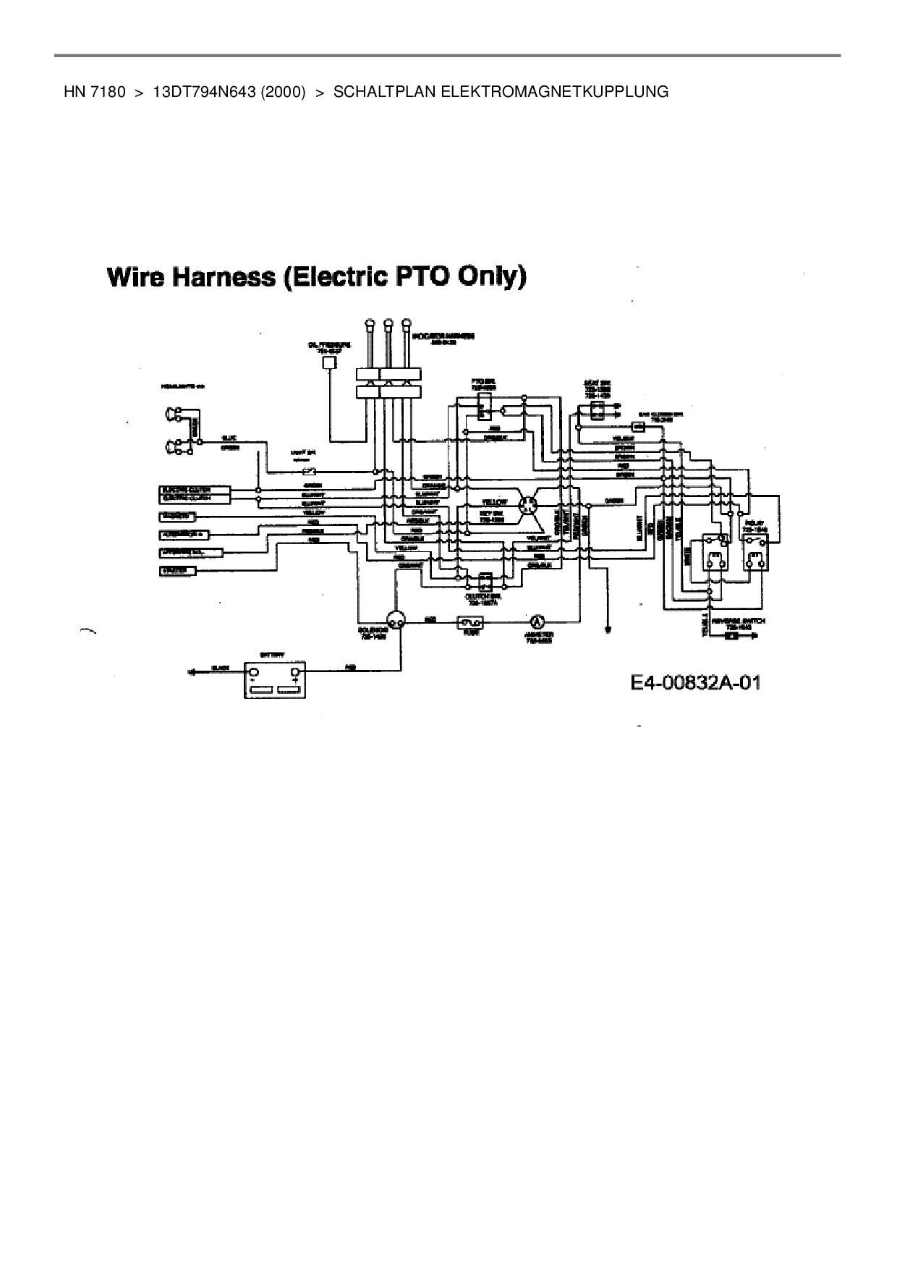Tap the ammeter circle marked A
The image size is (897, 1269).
pos(536,621)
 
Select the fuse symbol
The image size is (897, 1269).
pos(471,621)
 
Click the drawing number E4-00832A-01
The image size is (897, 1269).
pos(695,683)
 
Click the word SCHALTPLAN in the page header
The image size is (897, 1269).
pos(385,92)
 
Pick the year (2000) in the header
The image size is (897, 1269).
pos(279,92)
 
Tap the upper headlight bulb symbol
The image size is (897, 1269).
pos(175,415)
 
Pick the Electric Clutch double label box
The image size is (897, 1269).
pos(194,494)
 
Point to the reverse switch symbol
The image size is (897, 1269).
pos(731,637)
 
